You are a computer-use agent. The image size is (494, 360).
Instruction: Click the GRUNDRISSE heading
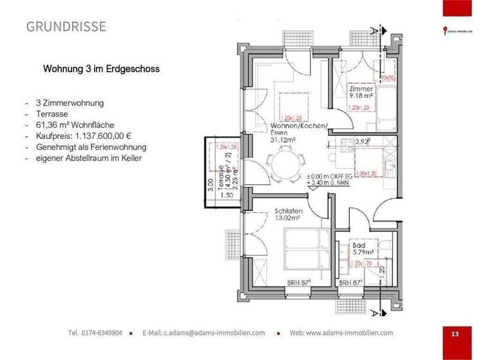click(x=66, y=26)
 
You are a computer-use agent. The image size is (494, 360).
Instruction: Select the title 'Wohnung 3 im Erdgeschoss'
click(x=101, y=68)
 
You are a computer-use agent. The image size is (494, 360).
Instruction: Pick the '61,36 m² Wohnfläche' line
click(x=78, y=125)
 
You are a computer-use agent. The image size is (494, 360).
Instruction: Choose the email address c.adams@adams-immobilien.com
click(x=204, y=333)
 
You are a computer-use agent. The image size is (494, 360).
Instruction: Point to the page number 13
click(x=455, y=334)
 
